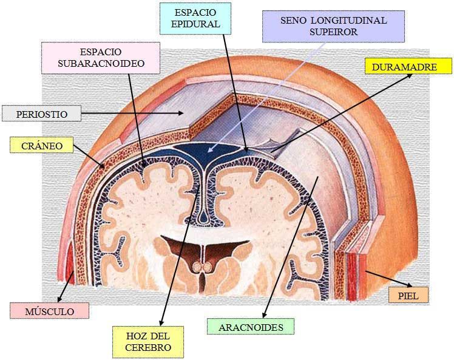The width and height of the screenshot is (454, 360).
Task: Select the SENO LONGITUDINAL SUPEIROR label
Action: tap(333, 26)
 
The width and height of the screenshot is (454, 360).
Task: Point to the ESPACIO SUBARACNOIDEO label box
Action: tap(100, 57)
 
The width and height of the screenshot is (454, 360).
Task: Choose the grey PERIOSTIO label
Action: tap(42, 114)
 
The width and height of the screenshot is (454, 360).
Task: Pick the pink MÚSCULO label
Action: tap(49, 311)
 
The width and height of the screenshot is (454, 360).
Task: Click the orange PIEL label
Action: tap(408, 296)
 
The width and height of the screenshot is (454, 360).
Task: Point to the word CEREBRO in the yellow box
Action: tap(147, 348)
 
